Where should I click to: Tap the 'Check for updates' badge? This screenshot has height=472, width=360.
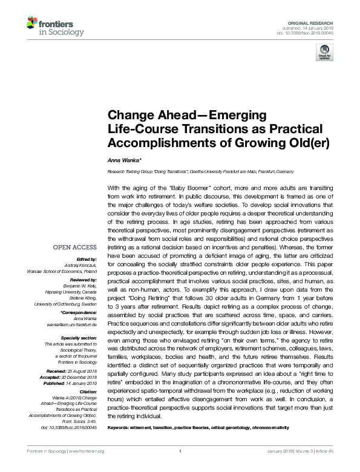click(325, 54)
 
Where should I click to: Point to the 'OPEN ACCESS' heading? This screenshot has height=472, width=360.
click(75, 247)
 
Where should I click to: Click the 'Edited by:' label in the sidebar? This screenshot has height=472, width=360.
click(86, 258)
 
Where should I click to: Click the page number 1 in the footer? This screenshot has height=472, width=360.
click(180, 468)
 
